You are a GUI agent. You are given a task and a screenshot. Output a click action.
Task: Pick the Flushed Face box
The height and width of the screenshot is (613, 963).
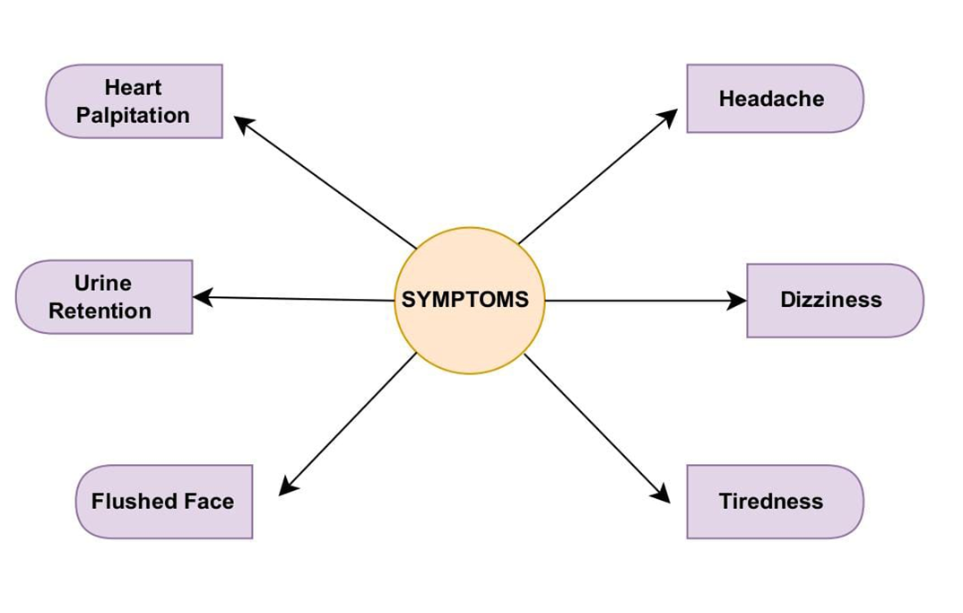(x=163, y=501)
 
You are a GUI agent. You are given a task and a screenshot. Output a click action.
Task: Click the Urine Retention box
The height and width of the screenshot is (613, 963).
(x=103, y=297)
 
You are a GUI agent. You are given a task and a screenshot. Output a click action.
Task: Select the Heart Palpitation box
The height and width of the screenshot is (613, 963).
(x=134, y=101)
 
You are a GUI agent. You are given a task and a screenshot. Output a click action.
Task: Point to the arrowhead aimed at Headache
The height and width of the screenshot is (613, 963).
(x=669, y=116)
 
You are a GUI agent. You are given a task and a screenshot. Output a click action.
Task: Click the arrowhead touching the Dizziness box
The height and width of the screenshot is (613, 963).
(x=737, y=301)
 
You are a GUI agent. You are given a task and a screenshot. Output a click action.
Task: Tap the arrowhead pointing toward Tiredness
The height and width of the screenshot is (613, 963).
(x=662, y=495)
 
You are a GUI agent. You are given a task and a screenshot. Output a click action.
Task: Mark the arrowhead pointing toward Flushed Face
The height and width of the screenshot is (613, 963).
(x=287, y=487)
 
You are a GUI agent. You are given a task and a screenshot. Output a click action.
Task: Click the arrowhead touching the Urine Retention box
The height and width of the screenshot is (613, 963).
(x=203, y=296)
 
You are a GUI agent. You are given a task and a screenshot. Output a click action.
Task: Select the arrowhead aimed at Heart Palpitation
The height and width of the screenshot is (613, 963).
(x=243, y=123)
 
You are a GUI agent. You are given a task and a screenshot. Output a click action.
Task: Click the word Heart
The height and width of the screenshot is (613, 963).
(x=134, y=88)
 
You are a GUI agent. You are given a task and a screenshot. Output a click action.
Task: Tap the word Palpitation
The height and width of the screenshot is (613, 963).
(x=134, y=116)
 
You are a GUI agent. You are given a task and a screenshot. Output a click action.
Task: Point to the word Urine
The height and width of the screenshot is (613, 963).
(x=102, y=284)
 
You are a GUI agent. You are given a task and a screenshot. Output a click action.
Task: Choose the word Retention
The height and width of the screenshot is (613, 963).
(x=100, y=311)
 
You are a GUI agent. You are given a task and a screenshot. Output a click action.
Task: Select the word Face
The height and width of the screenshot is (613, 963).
(x=211, y=501)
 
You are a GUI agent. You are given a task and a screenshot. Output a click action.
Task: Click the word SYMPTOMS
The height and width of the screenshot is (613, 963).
(x=465, y=300)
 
